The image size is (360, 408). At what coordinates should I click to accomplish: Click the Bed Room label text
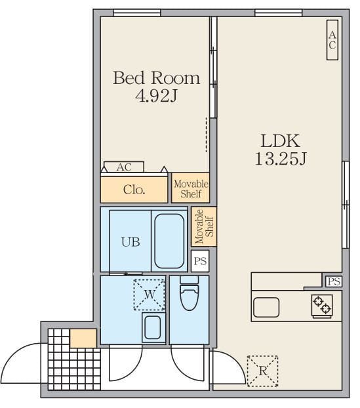(156, 78)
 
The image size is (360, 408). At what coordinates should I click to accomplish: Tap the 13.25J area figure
(281, 159)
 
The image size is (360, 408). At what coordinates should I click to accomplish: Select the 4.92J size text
(156, 96)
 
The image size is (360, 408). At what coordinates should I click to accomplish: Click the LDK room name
(281, 141)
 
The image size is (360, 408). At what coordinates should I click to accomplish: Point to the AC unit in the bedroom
(124, 167)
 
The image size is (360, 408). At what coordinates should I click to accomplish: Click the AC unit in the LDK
(332, 40)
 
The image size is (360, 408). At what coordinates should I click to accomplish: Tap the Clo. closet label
(134, 190)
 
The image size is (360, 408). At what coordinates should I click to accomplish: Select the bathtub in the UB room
(169, 241)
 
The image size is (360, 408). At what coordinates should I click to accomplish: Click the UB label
(130, 242)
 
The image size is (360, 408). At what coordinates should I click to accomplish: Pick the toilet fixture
(190, 293)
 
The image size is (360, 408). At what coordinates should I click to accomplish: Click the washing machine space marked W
(150, 295)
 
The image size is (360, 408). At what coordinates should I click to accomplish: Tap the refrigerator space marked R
(262, 371)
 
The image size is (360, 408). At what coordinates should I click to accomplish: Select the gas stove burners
(322, 305)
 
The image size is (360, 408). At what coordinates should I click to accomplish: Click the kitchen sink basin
(266, 308)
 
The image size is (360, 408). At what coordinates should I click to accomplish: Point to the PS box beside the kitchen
(334, 281)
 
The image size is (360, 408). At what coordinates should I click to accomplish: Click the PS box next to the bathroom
(200, 261)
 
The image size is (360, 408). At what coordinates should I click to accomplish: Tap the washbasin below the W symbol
(153, 327)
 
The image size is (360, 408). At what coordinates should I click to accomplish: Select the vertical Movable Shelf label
(204, 226)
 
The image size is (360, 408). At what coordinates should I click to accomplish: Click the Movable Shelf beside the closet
(191, 188)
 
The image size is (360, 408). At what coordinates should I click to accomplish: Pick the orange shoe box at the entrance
(83, 338)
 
